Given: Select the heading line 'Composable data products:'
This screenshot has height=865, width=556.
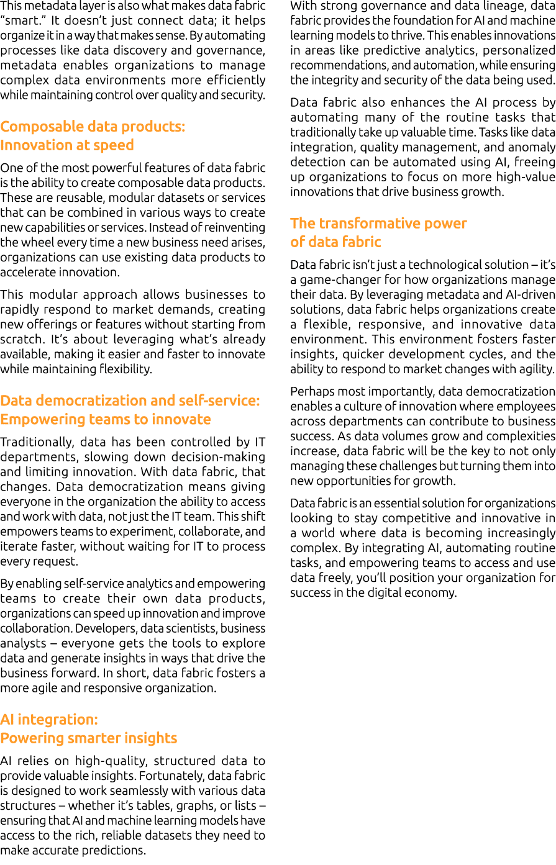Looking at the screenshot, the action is pos(93,127).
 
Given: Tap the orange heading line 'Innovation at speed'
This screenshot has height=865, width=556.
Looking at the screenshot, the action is pos(67,145).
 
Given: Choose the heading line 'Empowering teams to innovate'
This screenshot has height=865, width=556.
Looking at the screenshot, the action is pos(106,419).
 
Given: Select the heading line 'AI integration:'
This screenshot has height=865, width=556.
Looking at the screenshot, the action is pos(49,720).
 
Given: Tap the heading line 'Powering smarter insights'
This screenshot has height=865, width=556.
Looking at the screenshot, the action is pos(89,738).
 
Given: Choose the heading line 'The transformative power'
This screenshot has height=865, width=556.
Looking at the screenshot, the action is pos(378,224).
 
